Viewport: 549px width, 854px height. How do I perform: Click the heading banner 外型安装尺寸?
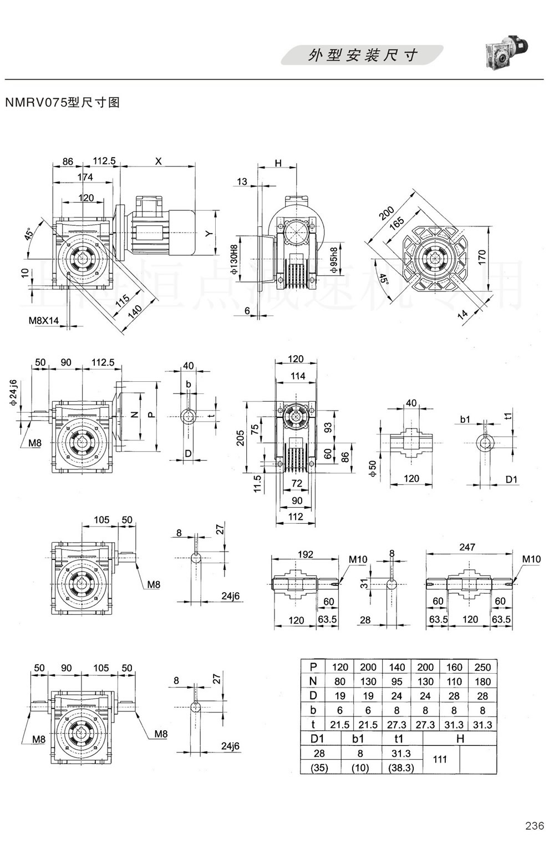pos(363,55)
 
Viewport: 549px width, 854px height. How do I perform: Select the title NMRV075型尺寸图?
pos(62,103)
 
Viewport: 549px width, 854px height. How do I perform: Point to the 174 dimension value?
pos(85,178)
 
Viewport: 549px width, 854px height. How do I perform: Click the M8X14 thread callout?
pos(44,321)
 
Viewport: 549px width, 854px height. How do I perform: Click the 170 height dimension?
pos(482,256)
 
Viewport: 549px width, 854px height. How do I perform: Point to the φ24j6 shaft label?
pos(13,393)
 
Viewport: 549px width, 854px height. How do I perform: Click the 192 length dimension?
pos(306,554)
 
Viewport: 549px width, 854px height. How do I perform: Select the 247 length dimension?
pos(467,547)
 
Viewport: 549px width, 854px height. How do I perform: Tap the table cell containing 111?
pos(440,759)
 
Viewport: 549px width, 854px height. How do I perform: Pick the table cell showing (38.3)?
pos(401,768)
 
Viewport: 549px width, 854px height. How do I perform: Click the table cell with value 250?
pos(482,667)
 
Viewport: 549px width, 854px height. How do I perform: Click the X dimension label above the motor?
pos(159,161)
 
